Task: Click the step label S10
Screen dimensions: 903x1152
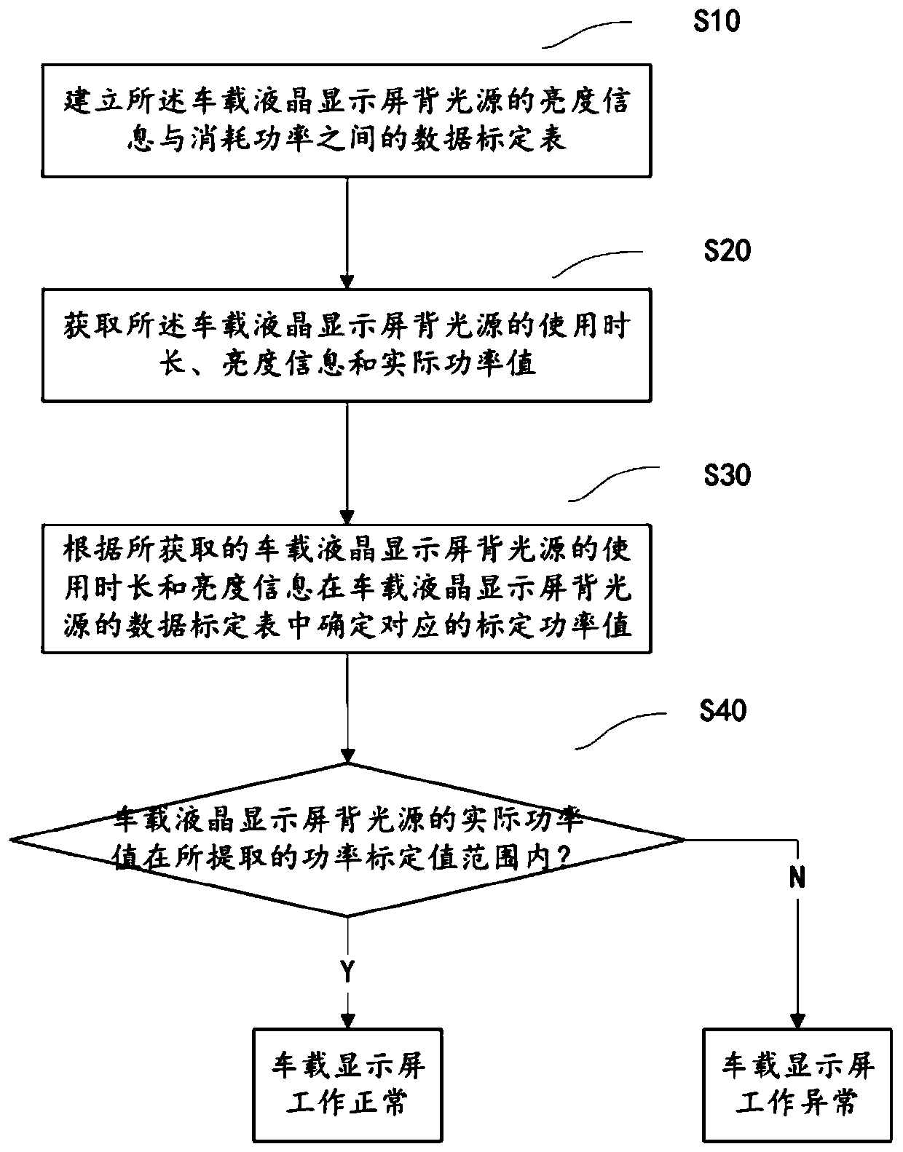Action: (717, 22)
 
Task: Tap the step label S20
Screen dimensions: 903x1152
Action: (727, 251)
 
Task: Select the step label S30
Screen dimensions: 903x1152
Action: (727, 475)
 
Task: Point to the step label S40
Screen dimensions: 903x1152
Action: (722, 710)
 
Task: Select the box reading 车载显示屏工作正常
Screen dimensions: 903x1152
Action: (347, 1084)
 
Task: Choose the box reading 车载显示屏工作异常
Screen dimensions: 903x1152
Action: (797, 1084)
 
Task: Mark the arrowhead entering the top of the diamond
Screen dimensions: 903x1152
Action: (348, 755)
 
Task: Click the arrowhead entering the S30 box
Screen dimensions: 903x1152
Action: (347, 517)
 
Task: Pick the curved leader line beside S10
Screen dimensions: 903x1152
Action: (586, 34)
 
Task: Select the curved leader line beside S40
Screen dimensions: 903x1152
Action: (620, 731)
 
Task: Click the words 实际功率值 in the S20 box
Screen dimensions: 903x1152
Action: (458, 364)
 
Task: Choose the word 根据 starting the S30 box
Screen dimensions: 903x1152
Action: (95, 549)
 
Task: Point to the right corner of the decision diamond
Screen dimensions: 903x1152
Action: (685, 840)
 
